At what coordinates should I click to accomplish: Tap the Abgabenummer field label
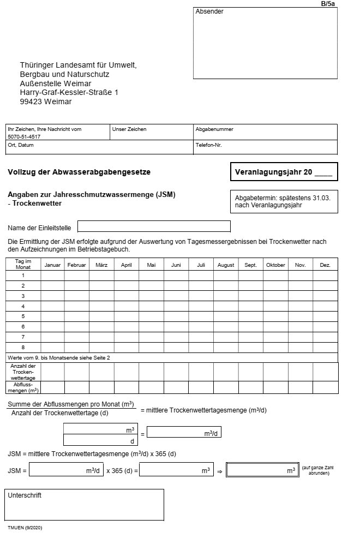[x=214, y=129]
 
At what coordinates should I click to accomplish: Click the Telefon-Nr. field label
[x=208, y=145]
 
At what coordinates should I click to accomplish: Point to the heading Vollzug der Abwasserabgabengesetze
[x=79, y=172]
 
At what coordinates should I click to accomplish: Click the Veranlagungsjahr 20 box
[x=284, y=172]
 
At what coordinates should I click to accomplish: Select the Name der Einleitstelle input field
[x=154, y=226]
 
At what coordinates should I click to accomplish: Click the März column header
[x=101, y=265]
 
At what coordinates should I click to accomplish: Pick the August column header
[x=226, y=265]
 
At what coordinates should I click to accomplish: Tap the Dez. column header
[x=325, y=265]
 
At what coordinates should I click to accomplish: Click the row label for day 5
[x=23, y=316]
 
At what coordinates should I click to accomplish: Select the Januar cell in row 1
[x=52, y=276]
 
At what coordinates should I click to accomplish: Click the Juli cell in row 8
[x=201, y=347]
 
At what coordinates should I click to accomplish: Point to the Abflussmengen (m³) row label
[x=23, y=387]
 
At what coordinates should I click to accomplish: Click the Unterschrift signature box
[x=84, y=505]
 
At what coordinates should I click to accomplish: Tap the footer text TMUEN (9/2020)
[x=25, y=529]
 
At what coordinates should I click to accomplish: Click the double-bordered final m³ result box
[x=262, y=470]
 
